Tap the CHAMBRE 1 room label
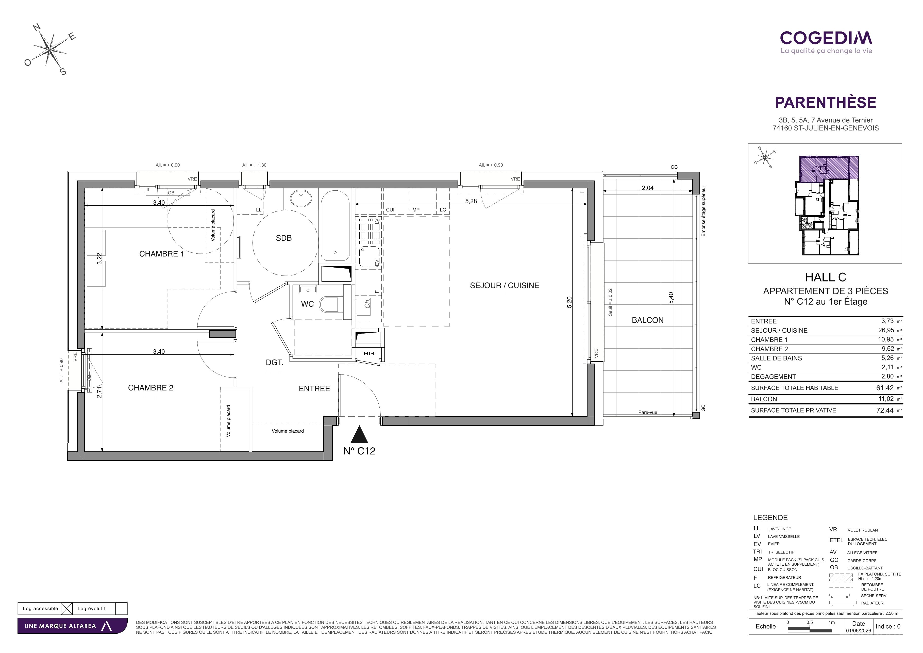click(161, 254)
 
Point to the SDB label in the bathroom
click(283, 238)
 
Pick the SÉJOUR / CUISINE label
click(505, 285)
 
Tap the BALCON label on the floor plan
click(648, 320)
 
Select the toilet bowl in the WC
click(329, 304)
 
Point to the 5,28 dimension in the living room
click(471, 201)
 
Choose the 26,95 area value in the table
click(886, 330)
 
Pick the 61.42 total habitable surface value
click(885, 388)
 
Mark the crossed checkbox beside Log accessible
click(66, 608)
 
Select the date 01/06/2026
click(858, 630)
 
